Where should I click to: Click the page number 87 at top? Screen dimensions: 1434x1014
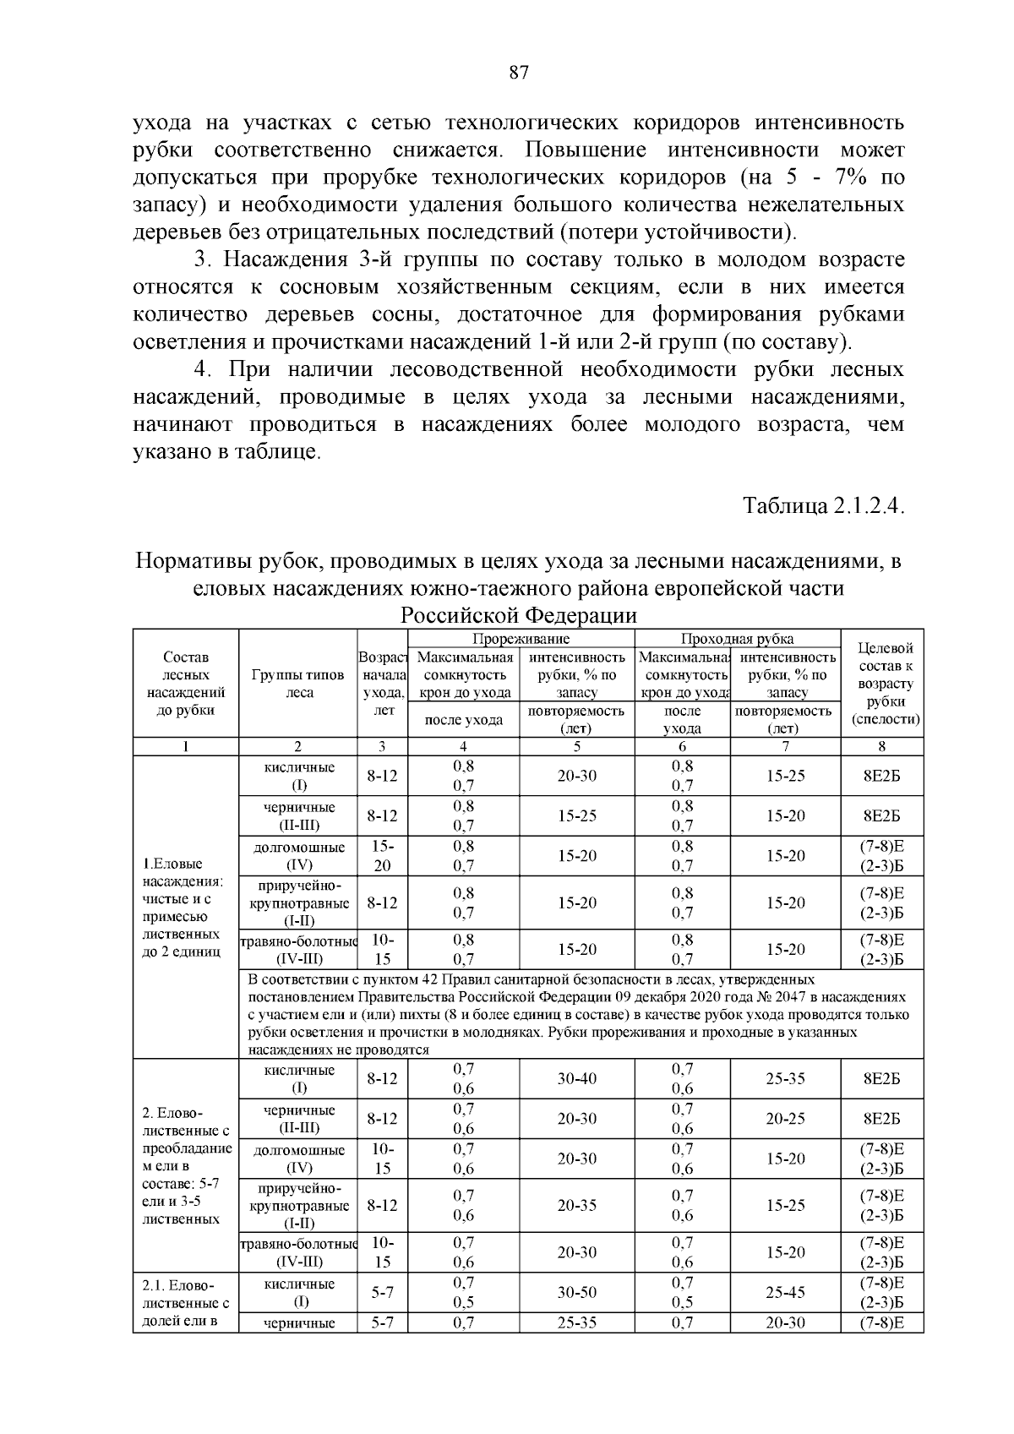tap(519, 73)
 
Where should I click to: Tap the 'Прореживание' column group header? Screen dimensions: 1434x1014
tap(521, 639)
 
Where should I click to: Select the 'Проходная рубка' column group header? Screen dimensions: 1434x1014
tap(737, 639)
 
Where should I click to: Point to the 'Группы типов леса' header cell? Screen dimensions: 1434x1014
tap(298, 684)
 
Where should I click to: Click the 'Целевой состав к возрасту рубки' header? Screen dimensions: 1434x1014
tap(881, 684)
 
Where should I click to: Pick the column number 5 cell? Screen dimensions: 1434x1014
tap(576, 746)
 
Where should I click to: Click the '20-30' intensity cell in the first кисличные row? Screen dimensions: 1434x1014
tap(576, 776)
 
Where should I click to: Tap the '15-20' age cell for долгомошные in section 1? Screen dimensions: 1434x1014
tap(383, 856)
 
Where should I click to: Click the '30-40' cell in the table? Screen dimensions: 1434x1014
tap(576, 1079)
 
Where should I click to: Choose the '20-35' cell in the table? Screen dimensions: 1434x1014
tap(576, 1206)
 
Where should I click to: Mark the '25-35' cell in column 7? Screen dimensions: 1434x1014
tap(785, 1079)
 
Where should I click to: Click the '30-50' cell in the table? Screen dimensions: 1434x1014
tap(576, 1293)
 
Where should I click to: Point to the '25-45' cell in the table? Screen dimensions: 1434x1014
tap(785, 1293)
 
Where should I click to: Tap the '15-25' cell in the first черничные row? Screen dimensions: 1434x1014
tap(576, 816)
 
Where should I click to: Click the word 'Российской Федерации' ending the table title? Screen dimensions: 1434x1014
tap(518, 614)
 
